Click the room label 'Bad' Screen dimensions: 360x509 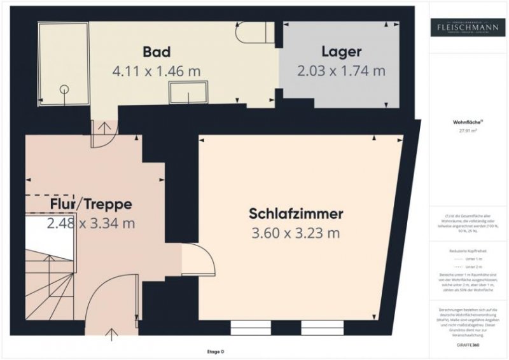pos(157,51)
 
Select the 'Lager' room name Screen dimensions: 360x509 pos(342,51)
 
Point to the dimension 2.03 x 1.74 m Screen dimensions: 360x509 pos(342,71)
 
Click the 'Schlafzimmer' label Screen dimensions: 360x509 pos(296,213)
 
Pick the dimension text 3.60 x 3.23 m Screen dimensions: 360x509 pos(296,233)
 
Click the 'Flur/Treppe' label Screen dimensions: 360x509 pos(90,204)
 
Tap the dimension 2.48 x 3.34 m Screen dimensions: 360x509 pos(90,223)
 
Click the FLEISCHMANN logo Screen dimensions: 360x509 pos(467,27)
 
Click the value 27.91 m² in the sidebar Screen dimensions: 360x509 pos(467,131)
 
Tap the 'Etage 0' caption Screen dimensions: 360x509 pos(215,352)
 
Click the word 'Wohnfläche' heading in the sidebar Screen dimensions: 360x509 pos(466,120)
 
